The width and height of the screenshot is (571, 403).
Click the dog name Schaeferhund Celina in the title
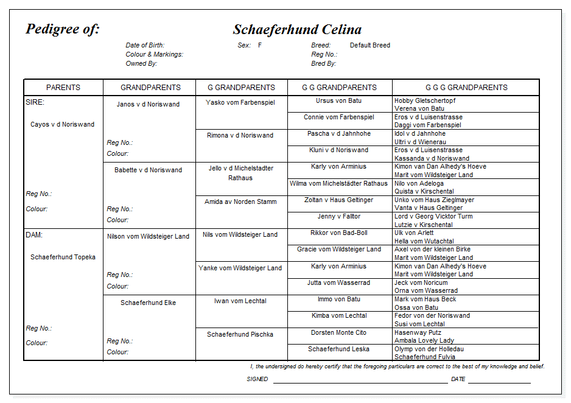[297, 30]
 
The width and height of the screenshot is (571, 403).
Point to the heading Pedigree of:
[63, 29]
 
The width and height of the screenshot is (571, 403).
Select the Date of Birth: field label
[145, 45]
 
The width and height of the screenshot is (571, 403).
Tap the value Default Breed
[370, 45]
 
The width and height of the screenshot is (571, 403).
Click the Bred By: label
[323, 63]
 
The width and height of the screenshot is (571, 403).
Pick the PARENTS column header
[63, 87]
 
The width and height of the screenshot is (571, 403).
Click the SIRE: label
[35, 103]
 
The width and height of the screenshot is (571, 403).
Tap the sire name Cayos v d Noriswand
[63, 124]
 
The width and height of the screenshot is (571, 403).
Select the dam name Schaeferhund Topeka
[63, 257]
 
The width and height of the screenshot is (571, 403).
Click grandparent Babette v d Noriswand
[148, 170]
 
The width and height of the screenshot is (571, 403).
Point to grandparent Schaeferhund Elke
[148, 303]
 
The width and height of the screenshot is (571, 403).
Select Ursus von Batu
[338, 100]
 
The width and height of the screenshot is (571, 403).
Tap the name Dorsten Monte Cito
[338, 332]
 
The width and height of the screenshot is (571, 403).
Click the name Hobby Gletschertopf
[425, 100]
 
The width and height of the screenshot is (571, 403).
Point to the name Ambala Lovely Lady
[424, 340]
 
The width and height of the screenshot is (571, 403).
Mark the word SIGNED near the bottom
[257, 379]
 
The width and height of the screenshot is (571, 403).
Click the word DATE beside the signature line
[458, 379]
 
